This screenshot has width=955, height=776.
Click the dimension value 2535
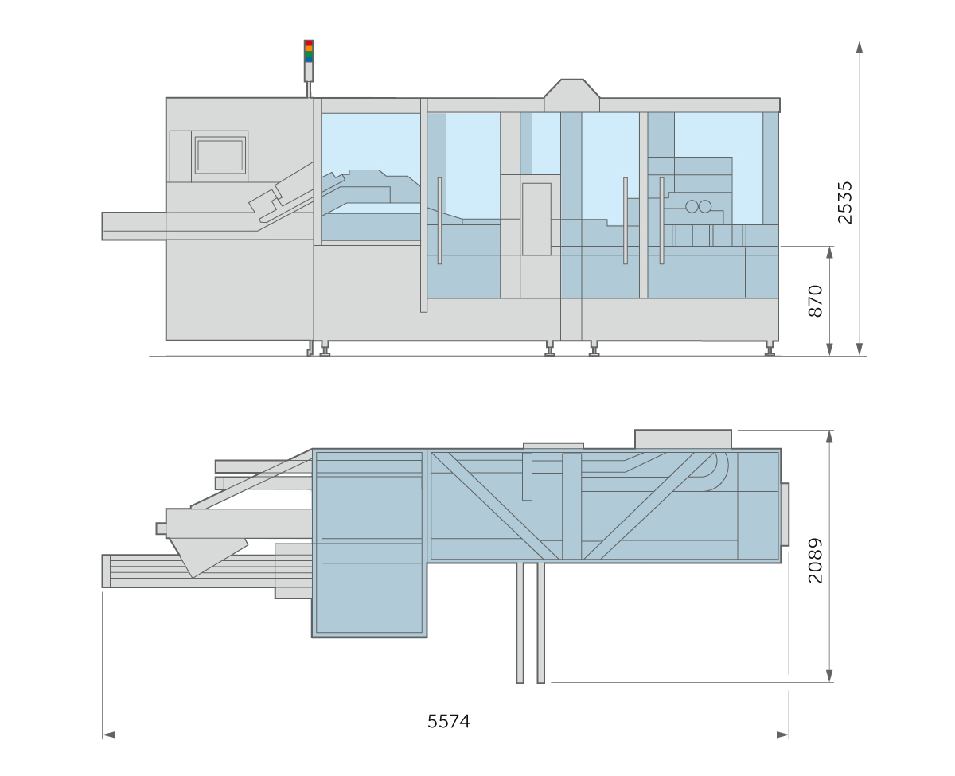point(844,202)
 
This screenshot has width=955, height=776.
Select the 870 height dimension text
point(815,300)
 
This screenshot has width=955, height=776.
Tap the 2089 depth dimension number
point(815,560)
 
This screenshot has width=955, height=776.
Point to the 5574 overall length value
point(448,721)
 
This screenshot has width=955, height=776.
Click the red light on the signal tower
point(309,43)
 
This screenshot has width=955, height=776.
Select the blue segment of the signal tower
point(309,59)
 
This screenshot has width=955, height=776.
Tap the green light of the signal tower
point(309,54)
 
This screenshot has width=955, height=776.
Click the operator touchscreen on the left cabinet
point(220,154)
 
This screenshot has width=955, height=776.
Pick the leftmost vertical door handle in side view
point(439,220)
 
